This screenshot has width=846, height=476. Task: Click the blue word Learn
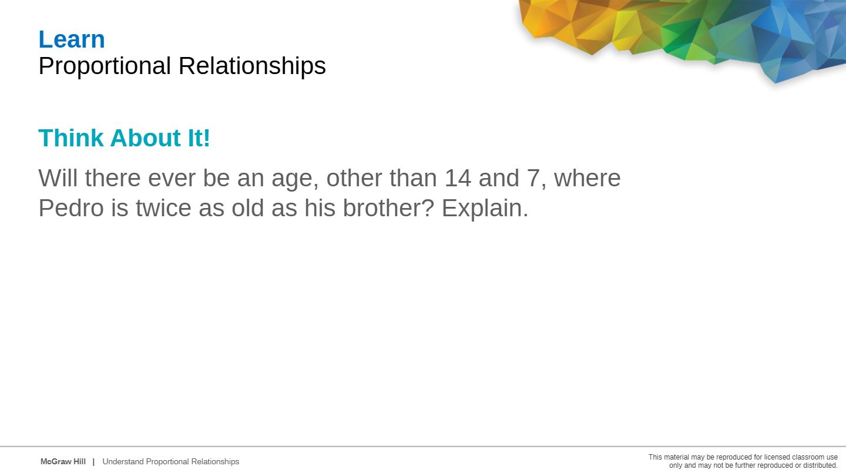pos(72,39)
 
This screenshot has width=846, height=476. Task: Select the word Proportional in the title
pos(105,66)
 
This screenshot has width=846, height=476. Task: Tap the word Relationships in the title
pos(252,66)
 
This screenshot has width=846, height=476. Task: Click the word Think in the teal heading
pos(70,138)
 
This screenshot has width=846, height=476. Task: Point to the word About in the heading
pos(146,138)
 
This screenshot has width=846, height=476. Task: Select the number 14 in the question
pos(458,178)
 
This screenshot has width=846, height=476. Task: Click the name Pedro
pos(71,208)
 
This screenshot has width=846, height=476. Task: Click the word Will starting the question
pos(58,178)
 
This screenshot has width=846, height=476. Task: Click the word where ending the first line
pos(587,178)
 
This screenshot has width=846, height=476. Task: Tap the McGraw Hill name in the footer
pos(63,462)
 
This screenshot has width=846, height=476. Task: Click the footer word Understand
pos(123,462)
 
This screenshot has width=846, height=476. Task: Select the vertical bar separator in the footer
pos(93,462)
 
